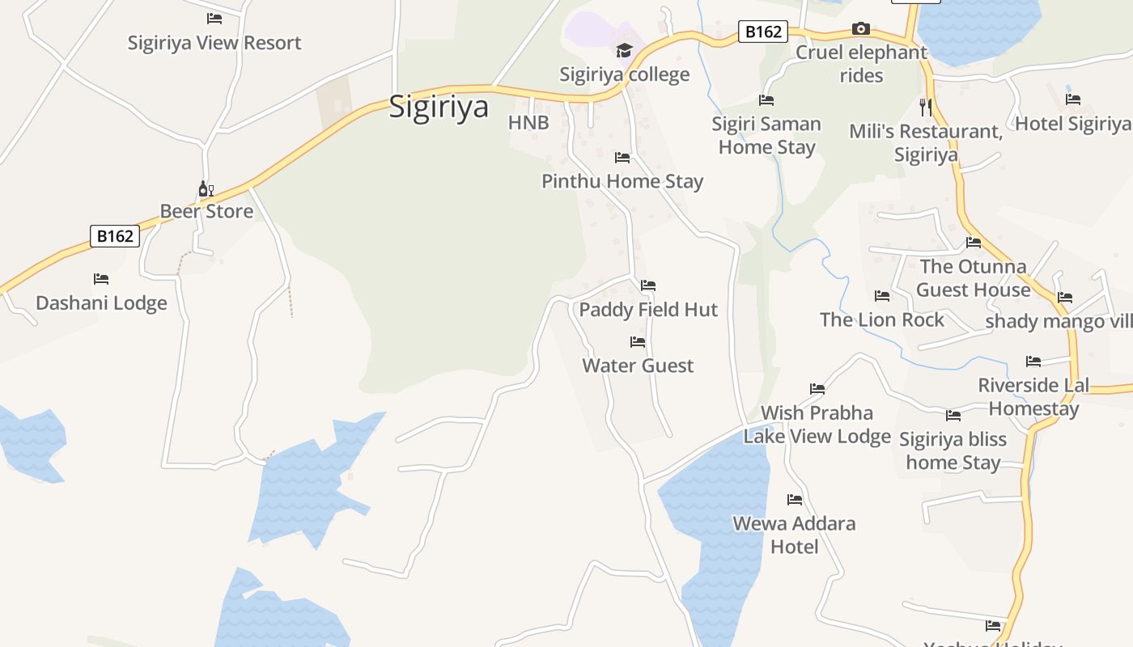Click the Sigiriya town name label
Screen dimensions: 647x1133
point(439,107)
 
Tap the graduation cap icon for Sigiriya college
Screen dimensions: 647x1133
point(623,51)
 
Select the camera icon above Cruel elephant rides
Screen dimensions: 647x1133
point(861,29)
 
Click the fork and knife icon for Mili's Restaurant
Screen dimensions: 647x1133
point(926,107)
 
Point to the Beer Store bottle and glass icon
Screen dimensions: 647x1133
point(206,189)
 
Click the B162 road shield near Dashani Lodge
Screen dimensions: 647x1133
point(115,236)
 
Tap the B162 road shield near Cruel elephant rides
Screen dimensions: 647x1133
point(762,32)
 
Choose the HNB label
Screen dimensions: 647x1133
point(528,123)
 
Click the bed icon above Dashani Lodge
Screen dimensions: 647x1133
point(101,279)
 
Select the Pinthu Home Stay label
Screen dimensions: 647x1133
point(622,181)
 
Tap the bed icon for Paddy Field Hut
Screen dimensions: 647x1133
point(648,285)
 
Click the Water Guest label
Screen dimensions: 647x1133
point(638,366)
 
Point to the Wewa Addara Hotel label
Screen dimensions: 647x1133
point(794,535)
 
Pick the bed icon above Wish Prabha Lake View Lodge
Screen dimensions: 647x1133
point(817,389)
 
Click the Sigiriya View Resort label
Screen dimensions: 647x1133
point(214,43)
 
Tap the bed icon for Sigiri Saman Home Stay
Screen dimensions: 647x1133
point(766,100)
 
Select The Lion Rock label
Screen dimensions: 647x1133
point(881,319)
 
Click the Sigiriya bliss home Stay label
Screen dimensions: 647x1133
point(953,450)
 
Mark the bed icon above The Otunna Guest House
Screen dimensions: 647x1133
point(974,243)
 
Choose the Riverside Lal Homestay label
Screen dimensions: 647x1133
point(1033,396)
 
